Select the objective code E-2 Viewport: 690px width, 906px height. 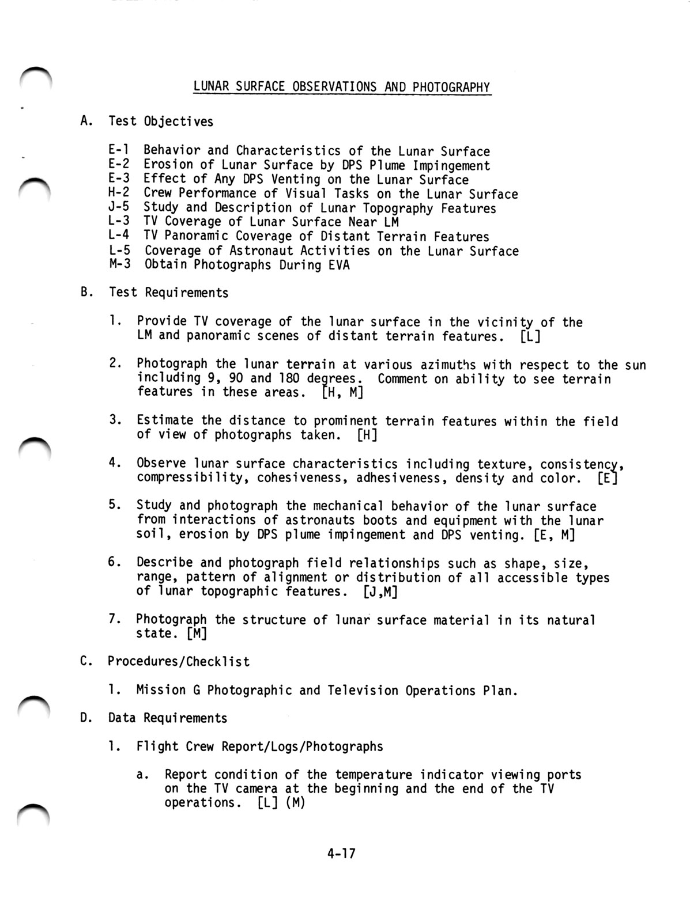(118, 165)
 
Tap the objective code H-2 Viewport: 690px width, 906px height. (118, 194)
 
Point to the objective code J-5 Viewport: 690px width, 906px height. (118, 207)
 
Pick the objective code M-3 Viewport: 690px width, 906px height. (119, 264)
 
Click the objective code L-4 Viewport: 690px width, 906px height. (118, 236)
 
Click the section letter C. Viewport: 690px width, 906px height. (86, 661)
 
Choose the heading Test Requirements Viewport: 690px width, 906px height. (168, 293)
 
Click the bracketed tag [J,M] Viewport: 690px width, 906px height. (380, 592)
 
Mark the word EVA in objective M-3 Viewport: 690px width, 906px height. (338, 265)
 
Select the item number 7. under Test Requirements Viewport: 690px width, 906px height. (114, 619)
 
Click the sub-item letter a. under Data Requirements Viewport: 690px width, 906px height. (142, 775)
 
